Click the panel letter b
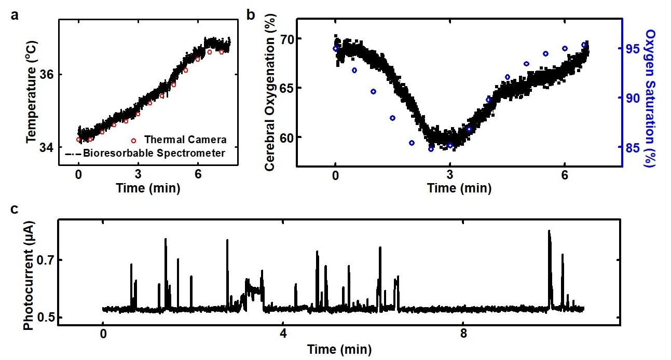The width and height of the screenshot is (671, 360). [251, 15]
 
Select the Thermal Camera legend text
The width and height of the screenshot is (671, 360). [185, 140]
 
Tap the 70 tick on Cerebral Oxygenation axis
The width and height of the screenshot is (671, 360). [285, 39]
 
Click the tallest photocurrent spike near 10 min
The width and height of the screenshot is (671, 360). [549, 232]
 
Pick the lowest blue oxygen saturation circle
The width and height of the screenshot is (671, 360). [431, 149]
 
